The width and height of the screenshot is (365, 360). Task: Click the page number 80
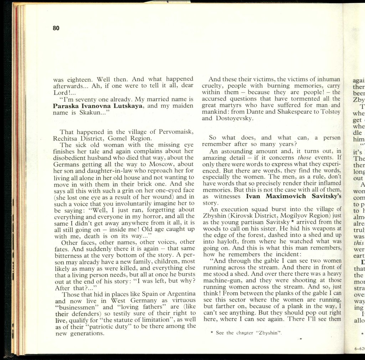coord(56,29)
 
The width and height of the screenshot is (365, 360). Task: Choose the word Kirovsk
coord(248,216)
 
